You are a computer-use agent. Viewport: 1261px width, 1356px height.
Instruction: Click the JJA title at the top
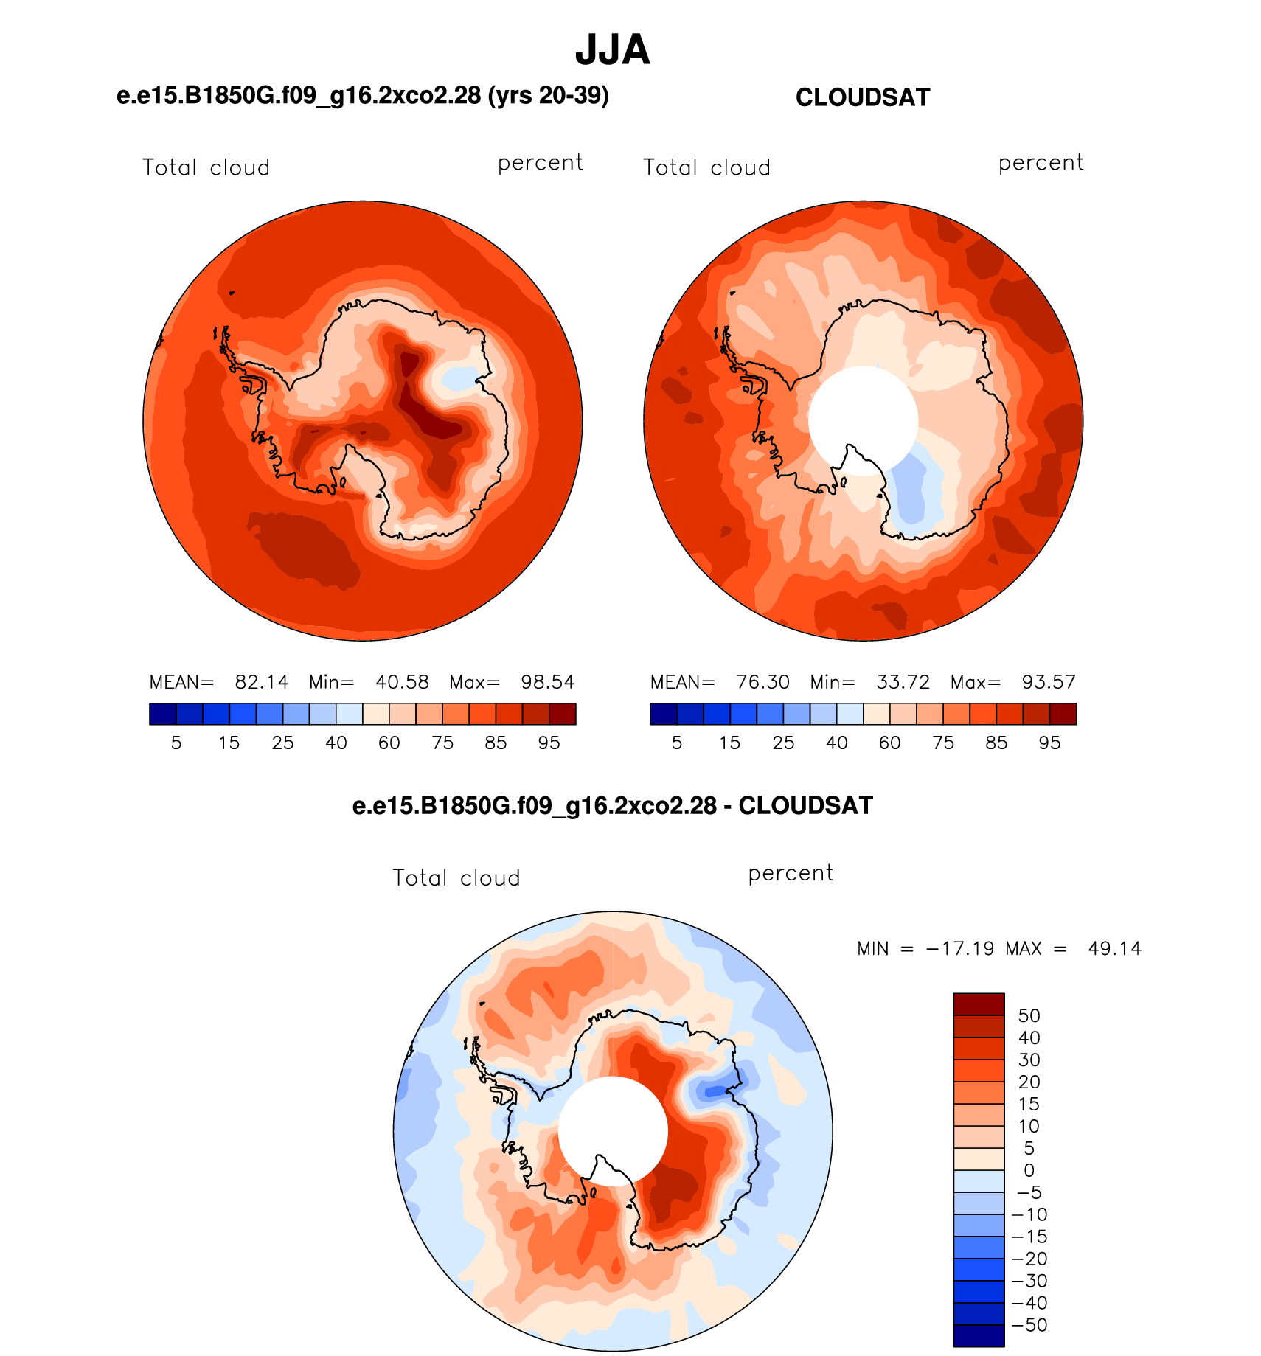[x=612, y=50]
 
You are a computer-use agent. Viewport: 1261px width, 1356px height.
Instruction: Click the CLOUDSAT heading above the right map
[x=863, y=97]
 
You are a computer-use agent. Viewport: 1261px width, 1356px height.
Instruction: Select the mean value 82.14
[x=262, y=682]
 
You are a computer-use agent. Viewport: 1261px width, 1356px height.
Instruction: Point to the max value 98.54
[x=548, y=682]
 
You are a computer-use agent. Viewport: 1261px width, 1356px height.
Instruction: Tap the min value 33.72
[x=903, y=682]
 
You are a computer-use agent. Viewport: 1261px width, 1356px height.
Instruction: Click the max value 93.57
[x=1049, y=682]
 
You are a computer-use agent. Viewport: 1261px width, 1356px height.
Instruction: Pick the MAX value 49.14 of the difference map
[x=1115, y=948]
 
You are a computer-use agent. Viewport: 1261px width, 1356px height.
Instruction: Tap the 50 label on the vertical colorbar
[x=1029, y=1015]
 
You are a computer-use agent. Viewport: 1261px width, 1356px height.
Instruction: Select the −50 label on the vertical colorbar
[x=1029, y=1325]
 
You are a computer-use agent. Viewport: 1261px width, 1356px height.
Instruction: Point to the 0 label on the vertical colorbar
[x=1029, y=1170]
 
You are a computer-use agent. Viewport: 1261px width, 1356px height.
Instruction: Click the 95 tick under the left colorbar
[x=549, y=743]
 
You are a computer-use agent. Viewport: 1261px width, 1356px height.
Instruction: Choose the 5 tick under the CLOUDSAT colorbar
[x=676, y=743]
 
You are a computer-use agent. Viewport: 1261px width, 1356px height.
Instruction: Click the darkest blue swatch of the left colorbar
[x=163, y=714]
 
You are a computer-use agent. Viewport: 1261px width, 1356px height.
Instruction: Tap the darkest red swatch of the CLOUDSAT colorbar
[x=1063, y=714]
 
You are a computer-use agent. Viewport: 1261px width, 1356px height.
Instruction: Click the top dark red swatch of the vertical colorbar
[x=979, y=1004]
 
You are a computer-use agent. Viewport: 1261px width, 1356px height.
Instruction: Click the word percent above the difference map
[x=791, y=874]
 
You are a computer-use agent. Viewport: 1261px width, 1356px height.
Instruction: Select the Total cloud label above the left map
[x=206, y=167]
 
